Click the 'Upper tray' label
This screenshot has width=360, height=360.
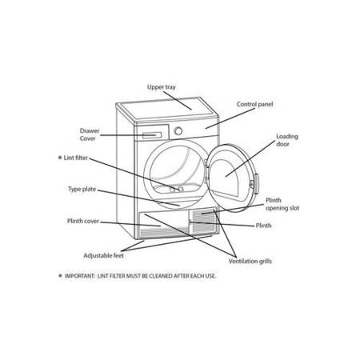pyautogui.click(x=162, y=87)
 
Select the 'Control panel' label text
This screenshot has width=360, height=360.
pyautogui.click(x=254, y=104)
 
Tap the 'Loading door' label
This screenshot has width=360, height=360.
pyautogui.click(x=287, y=140)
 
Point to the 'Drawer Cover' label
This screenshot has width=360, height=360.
pyautogui.click(x=90, y=134)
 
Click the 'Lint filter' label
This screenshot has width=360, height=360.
pyautogui.click(x=76, y=158)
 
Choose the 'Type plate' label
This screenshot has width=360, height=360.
pyautogui.click(x=82, y=190)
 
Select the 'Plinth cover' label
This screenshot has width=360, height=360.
pyautogui.click(x=83, y=221)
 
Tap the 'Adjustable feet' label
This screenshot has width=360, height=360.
pyautogui.click(x=104, y=255)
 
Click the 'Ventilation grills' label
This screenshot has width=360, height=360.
pyautogui.click(x=250, y=261)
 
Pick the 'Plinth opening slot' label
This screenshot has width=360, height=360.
pyautogui.click(x=282, y=204)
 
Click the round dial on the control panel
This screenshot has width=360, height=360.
pyautogui.click(x=178, y=131)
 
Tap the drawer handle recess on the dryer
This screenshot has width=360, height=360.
pyautogui.click(x=152, y=135)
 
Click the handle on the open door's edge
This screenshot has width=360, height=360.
pyautogui.click(x=257, y=183)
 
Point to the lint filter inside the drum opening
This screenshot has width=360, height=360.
pyautogui.click(x=177, y=189)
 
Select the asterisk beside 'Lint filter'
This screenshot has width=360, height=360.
pyautogui.click(x=60, y=158)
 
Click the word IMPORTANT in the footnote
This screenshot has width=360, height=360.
pyautogui.click(x=79, y=276)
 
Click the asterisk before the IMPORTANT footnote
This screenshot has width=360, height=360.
pyautogui.click(x=60, y=275)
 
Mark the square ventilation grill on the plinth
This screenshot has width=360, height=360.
pyautogui.click(x=204, y=221)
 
